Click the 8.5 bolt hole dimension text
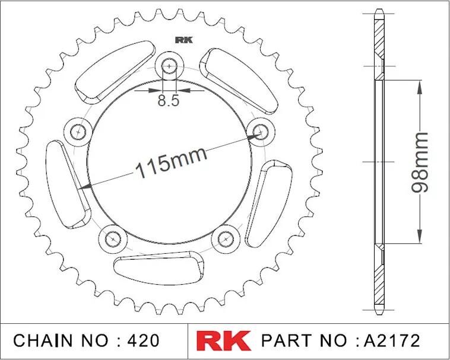[169, 100]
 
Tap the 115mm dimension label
[171, 163]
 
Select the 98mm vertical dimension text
[420, 163]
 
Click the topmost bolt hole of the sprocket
[169, 66]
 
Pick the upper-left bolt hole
[78, 132]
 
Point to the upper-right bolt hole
[261, 132]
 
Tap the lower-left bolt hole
[113, 239]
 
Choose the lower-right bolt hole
[226, 239]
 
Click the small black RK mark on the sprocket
[184, 40]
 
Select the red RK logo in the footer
[224, 341]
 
